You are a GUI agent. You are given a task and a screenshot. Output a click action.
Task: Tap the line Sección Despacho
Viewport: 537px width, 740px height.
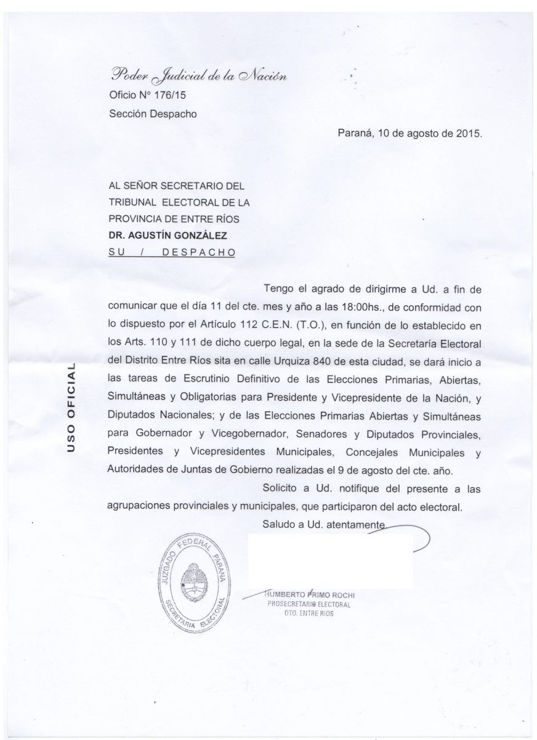[153, 113]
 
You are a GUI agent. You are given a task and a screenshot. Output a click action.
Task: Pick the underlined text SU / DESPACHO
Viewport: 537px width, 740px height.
[171, 252]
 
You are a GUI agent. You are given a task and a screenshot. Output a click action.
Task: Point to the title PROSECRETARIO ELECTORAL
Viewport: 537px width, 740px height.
[309, 604]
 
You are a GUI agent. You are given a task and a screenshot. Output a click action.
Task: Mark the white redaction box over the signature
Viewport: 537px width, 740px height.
[330, 560]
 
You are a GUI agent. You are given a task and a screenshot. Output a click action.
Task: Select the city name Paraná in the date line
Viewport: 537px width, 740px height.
[357, 133]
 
